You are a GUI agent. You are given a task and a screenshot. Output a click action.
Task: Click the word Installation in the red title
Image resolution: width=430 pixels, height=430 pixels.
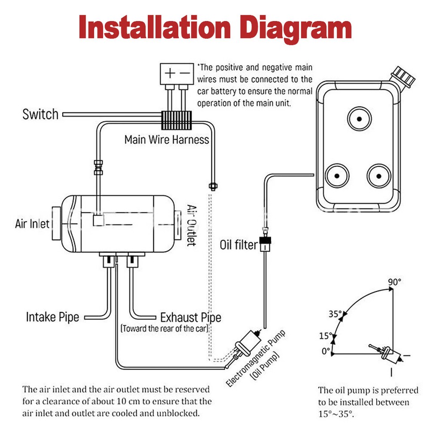click(155, 27)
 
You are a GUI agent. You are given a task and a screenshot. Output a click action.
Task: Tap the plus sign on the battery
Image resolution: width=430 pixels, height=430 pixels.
click(170, 73)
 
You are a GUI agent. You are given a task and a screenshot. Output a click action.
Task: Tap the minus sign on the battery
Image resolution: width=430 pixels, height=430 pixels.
click(185, 73)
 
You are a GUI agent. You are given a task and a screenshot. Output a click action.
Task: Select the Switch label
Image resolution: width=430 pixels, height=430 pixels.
click(40, 114)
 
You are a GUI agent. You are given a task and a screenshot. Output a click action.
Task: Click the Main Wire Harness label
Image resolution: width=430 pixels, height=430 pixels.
click(167, 140)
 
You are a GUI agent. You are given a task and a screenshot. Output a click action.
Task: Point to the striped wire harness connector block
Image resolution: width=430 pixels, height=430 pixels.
click(176, 120)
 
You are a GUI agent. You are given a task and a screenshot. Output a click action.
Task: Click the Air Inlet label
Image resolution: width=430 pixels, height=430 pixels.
click(32, 224)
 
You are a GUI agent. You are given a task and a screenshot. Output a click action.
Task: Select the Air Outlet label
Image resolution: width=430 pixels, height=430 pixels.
click(191, 225)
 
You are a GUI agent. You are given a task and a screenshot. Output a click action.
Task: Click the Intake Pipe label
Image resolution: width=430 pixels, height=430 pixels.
click(52, 317)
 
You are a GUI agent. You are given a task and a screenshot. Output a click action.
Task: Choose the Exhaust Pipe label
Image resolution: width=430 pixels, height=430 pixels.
click(191, 318)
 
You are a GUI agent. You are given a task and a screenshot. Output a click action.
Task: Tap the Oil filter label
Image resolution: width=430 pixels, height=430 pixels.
click(239, 245)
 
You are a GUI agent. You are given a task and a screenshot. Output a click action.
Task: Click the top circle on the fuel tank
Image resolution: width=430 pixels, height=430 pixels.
click(359, 119)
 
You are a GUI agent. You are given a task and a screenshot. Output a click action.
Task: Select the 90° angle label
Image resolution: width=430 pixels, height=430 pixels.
click(395, 282)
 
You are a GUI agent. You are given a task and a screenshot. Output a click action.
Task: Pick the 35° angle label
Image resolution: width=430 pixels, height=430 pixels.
click(335, 314)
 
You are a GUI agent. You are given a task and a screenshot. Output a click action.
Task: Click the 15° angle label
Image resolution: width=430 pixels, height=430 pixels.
click(326, 335)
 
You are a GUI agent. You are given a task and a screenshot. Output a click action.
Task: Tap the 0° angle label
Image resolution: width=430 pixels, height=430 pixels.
click(326, 351)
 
